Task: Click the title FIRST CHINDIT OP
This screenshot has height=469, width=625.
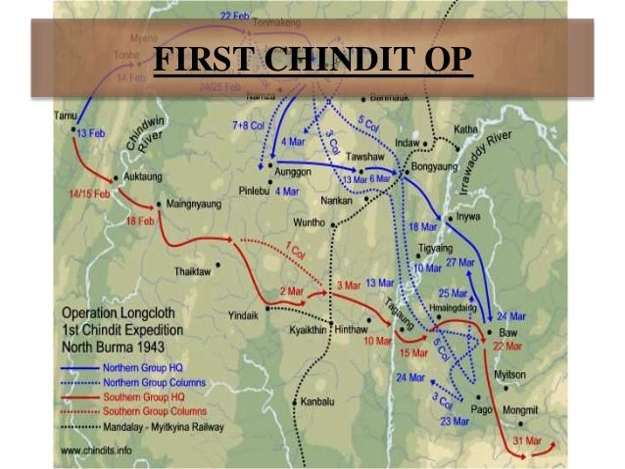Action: tap(312, 61)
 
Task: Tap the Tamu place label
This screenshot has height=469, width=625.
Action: tap(65, 116)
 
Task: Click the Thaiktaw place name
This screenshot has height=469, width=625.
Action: tap(194, 271)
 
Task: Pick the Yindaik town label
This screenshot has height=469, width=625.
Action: tap(245, 316)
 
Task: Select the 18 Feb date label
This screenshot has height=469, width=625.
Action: tap(140, 222)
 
